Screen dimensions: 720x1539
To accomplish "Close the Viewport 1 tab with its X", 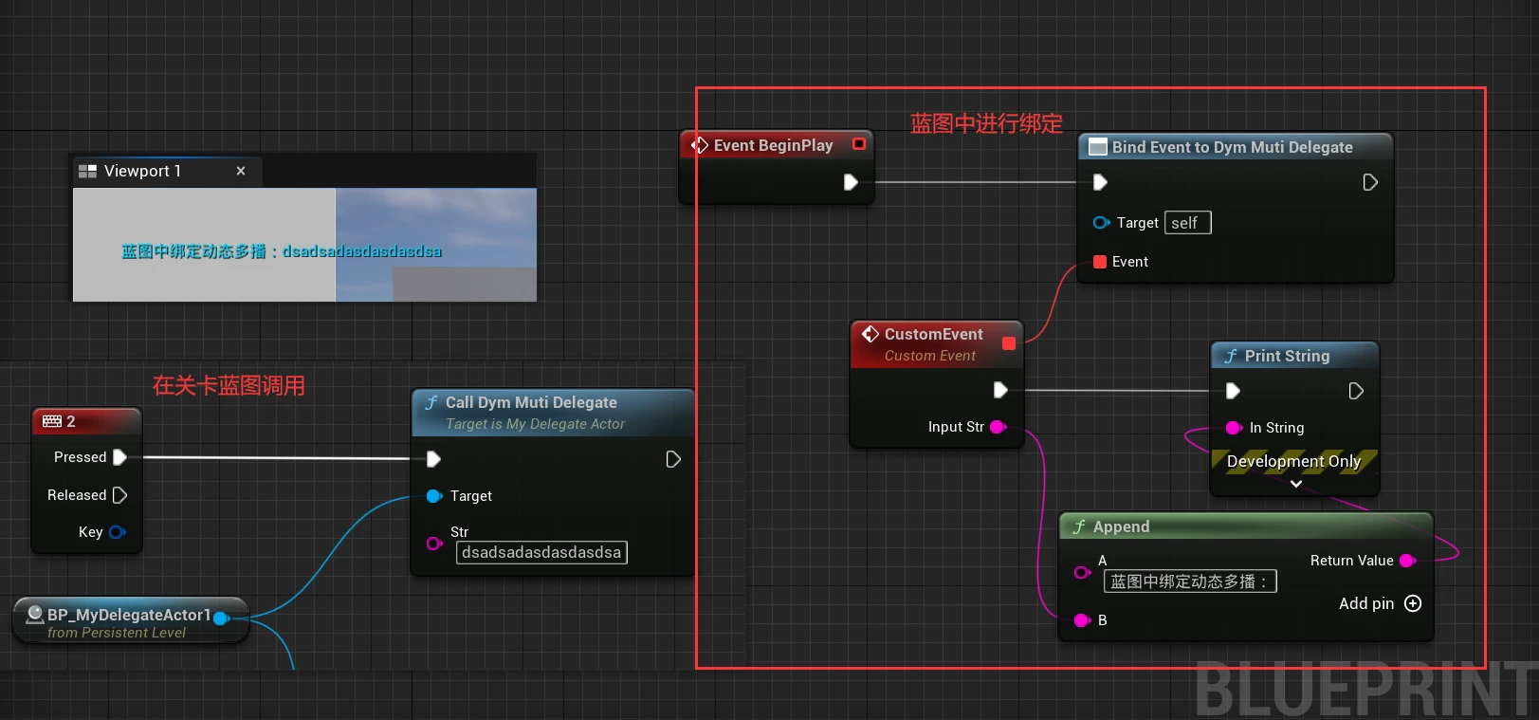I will tap(241, 171).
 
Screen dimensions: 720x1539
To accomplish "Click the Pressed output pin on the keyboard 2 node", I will tap(119, 457).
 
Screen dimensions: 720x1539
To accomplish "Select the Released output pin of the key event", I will tap(119, 495).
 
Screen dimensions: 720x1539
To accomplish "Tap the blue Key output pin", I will tap(117, 532).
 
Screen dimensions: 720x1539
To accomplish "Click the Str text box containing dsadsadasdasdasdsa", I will tap(541, 552).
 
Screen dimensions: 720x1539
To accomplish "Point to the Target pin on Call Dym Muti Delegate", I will tap(434, 496).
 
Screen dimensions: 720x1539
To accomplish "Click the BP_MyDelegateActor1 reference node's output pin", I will tap(221, 618).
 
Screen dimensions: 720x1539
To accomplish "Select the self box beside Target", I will tap(1187, 223).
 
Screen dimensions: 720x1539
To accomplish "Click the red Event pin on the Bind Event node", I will tap(1100, 262).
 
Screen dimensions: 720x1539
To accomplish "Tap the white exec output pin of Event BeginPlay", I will tap(851, 182).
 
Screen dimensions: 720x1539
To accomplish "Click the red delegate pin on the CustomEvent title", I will tap(1009, 343).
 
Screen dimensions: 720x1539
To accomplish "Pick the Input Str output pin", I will tap(998, 427).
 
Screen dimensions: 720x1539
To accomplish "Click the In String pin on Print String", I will tap(1234, 428).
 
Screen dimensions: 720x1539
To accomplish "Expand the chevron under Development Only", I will tap(1296, 484).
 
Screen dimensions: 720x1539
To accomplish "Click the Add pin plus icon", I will tap(1413, 603).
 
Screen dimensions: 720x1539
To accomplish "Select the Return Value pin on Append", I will tap(1407, 561).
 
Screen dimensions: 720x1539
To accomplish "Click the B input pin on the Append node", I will tap(1082, 620).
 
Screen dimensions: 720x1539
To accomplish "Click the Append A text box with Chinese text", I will tap(1189, 582).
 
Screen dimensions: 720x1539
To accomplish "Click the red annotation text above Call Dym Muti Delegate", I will tap(229, 385).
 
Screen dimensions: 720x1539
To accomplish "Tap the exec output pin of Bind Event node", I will tap(1370, 182).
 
